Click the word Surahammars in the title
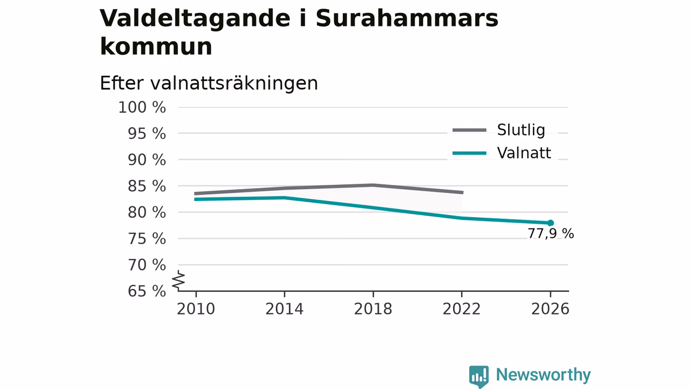pos(407,18)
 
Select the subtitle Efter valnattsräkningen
pos(209,83)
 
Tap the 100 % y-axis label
pos(142,108)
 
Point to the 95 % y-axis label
pos(147,133)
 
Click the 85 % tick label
pos(147,186)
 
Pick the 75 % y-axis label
pos(147,239)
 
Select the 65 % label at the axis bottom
pos(147,291)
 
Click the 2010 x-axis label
pos(196,309)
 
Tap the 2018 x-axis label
pos(373,309)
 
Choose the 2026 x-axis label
pos(550,309)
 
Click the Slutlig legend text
pos(521,130)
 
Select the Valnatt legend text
pos(524,153)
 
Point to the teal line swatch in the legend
pos(469,153)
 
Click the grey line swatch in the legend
pos(469,130)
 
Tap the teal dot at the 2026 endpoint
pos(550,223)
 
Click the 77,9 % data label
pos(550,234)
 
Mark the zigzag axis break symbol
pos(178,280)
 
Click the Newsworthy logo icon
pos(479,377)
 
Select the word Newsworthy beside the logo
pos(543,375)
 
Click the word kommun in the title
pos(156,47)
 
